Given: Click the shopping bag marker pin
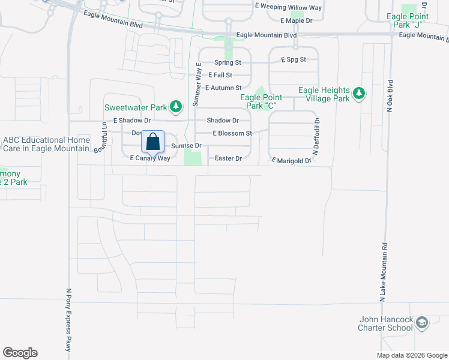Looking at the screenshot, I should click(153, 142).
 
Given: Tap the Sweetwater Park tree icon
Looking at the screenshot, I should click(176, 107).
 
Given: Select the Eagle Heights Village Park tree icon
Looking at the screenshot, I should click(359, 93).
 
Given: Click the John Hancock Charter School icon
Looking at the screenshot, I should click(422, 323).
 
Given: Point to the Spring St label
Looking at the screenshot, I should click(228, 62).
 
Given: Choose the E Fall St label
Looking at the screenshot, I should click(220, 75).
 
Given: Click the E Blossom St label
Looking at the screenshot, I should click(232, 133).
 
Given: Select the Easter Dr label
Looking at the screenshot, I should click(229, 158).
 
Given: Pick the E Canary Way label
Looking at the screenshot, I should click(150, 158).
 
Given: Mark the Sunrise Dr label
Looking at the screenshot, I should click(186, 146).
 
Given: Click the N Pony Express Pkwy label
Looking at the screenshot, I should click(68, 318).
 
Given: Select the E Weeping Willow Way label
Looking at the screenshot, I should click(288, 7).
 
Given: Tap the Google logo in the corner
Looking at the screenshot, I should click(20, 353).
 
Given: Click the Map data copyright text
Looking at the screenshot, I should click(412, 355).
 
